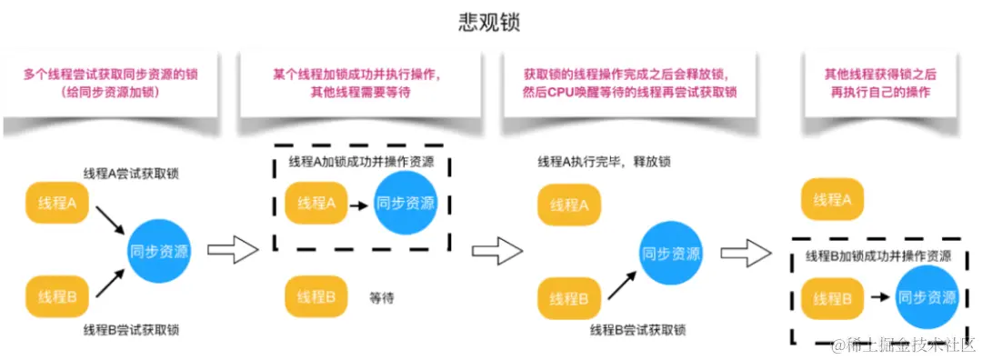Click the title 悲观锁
[x=489, y=23]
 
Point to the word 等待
[x=382, y=297]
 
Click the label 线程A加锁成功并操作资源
[x=361, y=162]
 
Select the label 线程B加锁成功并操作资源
[x=878, y=256]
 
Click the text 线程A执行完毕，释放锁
[x=604, y=162]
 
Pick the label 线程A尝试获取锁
[x=131, y=173]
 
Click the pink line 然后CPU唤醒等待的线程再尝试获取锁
[x=629, y=93]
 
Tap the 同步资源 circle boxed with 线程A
[x=405, y=203]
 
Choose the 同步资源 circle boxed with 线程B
[x=927, y=296]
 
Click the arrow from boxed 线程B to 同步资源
[x=877, y=297]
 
